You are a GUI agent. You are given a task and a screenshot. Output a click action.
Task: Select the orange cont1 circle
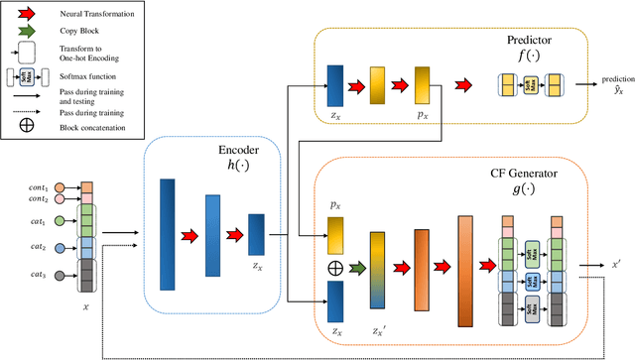click(60, 187)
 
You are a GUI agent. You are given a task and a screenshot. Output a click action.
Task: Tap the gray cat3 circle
click(60, 275)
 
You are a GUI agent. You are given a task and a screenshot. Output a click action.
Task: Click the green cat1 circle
click(60, 220)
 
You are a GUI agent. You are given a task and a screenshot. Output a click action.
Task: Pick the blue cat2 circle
click(60, 248)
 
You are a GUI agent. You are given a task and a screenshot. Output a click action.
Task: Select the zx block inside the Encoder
click(257, 234)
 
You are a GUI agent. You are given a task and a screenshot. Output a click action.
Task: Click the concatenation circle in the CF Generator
click(334, 267)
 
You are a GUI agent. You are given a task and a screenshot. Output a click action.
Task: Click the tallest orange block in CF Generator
click(465, 269)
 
